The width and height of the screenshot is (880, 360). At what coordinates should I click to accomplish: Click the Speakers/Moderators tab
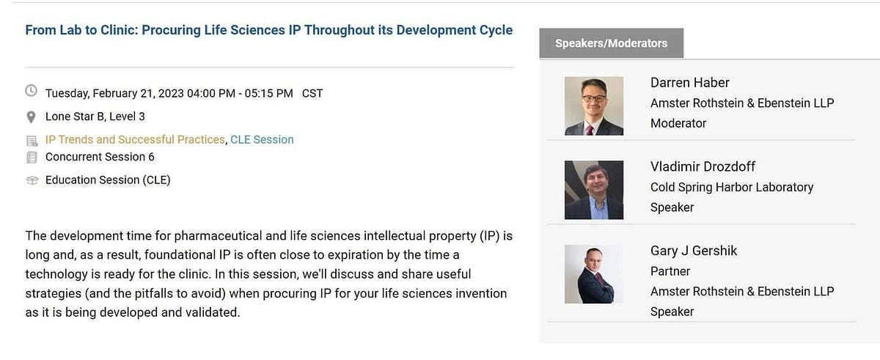point(611,43)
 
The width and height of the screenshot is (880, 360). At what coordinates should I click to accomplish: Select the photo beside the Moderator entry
point(594,106)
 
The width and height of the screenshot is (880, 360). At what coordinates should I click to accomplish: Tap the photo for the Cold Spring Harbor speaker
point(594,190)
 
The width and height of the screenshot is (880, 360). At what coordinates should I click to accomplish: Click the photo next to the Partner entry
point(594,273)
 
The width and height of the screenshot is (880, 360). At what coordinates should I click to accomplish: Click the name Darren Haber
point(689,83)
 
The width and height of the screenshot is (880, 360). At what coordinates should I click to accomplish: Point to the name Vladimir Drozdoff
point(703,166)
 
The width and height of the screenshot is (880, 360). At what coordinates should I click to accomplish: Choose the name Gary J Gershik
point(694,251)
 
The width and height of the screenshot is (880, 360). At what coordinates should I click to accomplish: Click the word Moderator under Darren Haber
point(678,123)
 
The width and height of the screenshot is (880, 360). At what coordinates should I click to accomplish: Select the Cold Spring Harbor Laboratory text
point(732,187)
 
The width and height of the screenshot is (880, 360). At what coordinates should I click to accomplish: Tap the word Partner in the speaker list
point(670,271)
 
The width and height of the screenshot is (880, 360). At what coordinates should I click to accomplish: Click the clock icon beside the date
point(32,92)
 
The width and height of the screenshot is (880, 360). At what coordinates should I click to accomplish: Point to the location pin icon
point(32,117)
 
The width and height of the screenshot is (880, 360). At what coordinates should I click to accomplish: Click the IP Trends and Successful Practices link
point(135,139)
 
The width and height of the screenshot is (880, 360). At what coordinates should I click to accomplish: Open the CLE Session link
point(262,139)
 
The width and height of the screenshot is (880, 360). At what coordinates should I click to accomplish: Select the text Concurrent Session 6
point(100,157)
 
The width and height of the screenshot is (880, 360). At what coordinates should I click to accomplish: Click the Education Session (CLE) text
point(108,180)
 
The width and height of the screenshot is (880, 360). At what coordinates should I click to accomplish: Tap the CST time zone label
point(312,93)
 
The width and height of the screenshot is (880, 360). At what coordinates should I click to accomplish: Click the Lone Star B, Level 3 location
point(95,117)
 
